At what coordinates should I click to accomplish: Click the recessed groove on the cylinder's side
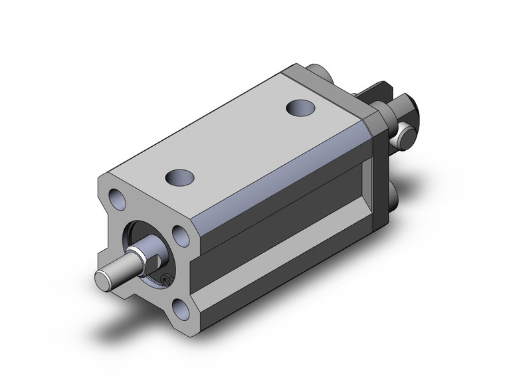tap(279, 219)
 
